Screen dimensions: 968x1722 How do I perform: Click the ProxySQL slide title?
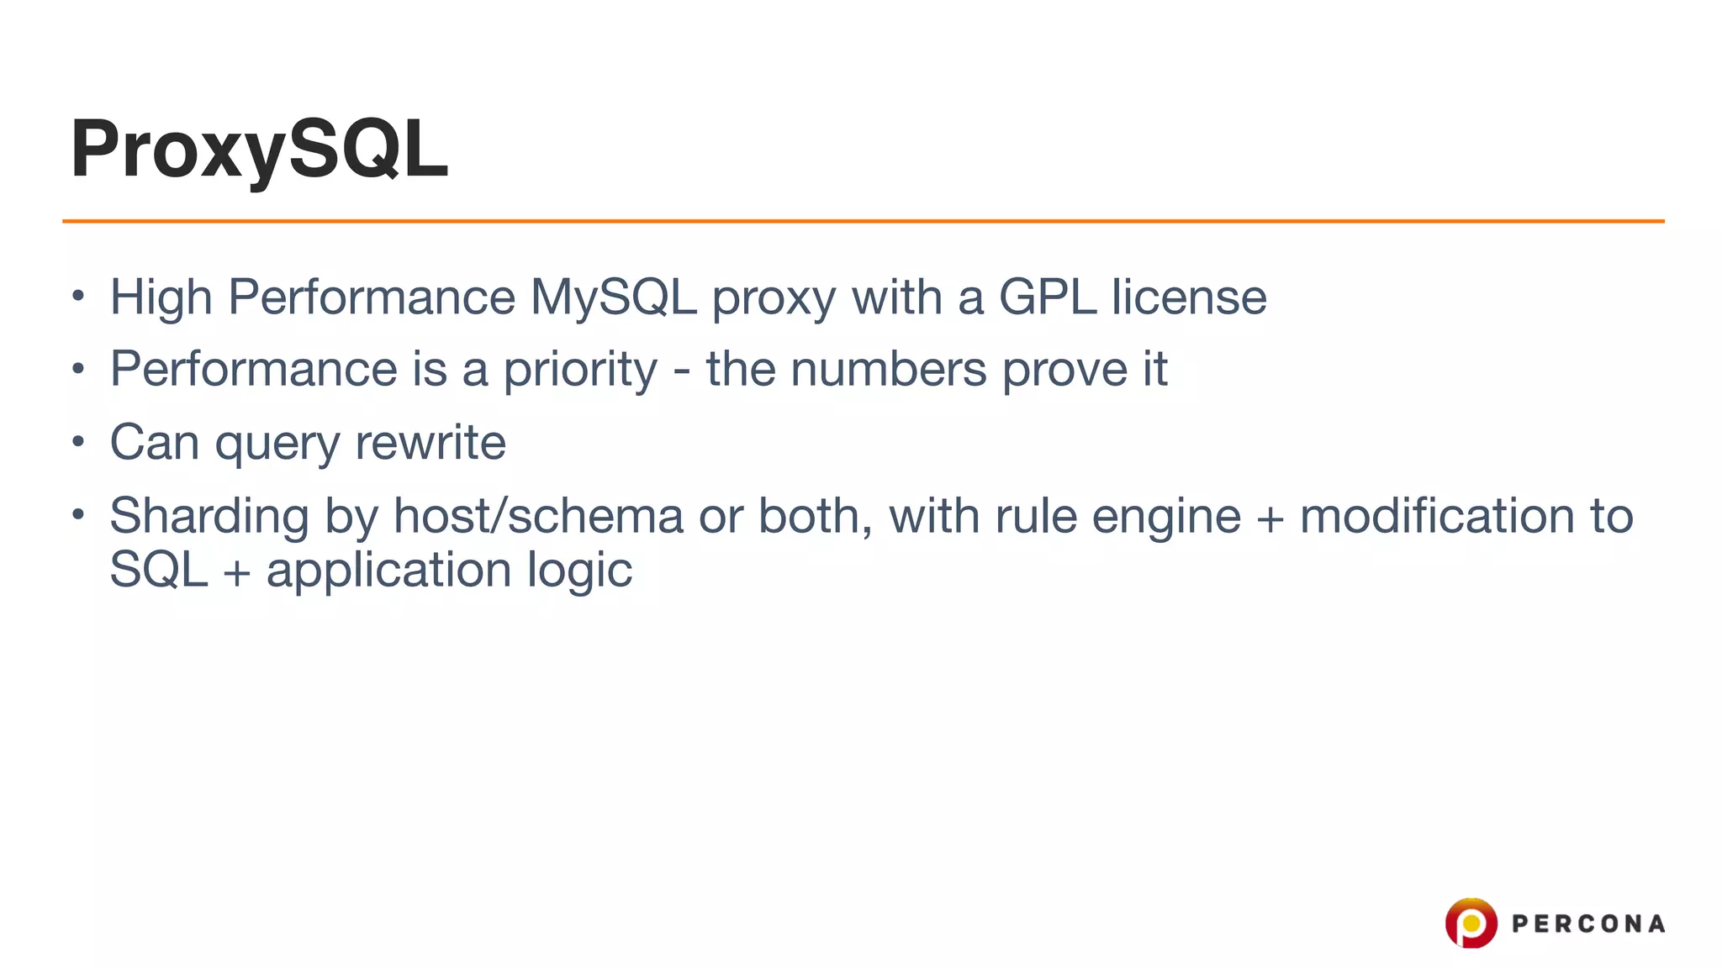(259, 150)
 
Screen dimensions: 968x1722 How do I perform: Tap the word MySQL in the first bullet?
(613, 297)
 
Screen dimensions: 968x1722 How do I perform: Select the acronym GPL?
(1047, 297)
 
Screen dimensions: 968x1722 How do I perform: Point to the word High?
(161, 297)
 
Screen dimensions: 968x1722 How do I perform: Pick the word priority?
(580, 371)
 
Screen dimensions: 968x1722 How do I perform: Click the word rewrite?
(430, 443)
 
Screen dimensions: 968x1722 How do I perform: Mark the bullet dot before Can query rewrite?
(78, 441)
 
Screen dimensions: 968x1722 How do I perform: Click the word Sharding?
(209, 517)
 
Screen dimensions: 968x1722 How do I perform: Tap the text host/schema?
(538, 516)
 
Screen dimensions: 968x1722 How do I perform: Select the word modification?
(1437, 516)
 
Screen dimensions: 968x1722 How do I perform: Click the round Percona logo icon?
(1471, 923)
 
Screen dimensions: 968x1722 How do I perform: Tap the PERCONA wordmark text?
(1588, 924)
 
